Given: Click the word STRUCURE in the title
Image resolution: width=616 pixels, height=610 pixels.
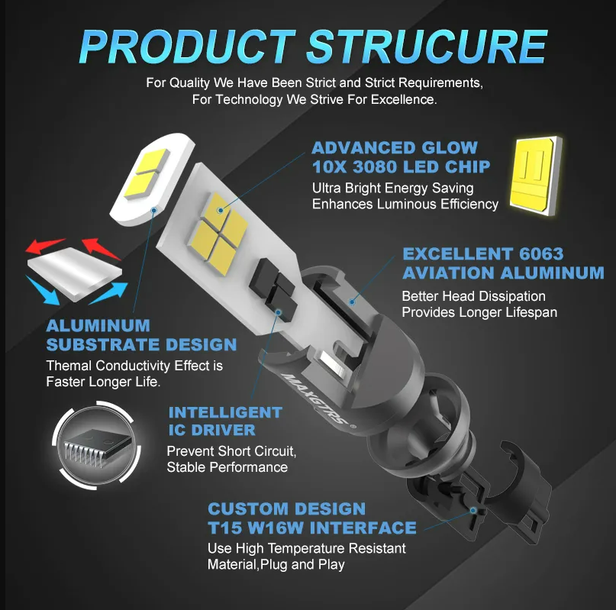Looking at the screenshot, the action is pos(427,47).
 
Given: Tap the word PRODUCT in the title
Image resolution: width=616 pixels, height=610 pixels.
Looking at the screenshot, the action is pos(187,47).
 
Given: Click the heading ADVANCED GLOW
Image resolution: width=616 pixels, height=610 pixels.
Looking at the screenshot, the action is pos(395,148).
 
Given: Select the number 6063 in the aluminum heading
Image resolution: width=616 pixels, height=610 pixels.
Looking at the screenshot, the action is pos(541,254).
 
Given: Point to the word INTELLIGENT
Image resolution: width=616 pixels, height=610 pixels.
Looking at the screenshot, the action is pos(225,412).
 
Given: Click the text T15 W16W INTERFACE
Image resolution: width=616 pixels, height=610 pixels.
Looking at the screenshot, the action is pos(312,528).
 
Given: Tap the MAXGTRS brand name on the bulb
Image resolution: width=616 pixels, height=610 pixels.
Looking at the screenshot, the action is pos(314,399).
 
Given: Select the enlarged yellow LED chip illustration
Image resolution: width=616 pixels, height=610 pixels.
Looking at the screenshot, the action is pos(536,176).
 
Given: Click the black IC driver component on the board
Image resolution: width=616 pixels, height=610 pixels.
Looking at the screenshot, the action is pos(273,285).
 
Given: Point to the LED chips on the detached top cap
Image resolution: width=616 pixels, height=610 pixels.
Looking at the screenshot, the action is pos(145,173).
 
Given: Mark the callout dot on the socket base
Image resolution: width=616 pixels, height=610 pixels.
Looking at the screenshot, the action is pos(473,511).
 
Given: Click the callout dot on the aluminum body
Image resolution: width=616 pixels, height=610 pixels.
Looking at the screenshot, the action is pos(352,302).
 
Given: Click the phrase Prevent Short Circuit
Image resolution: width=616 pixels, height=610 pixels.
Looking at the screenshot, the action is pos(231,451).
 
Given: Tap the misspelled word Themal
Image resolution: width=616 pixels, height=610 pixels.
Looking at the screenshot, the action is pos(69,366).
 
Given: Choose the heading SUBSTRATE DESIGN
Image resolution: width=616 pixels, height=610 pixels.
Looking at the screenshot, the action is pos(141,344).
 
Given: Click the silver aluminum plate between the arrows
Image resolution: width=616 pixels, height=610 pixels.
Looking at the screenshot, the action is pos(75,273).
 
